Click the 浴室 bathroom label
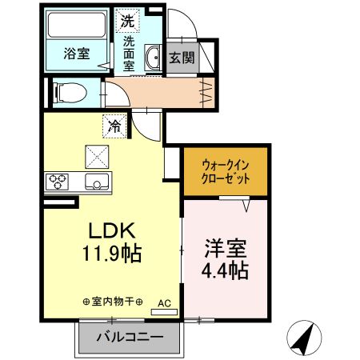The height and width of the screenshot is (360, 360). (76, 54)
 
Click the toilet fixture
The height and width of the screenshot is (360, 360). (66, 93)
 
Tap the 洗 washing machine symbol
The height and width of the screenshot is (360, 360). (128, 18)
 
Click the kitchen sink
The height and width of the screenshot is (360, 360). (98, 182)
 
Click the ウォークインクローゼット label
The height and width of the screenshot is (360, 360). (222, 170)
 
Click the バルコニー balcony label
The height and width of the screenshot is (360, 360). (130, 338)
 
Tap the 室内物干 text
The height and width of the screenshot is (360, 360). (113, 302)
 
